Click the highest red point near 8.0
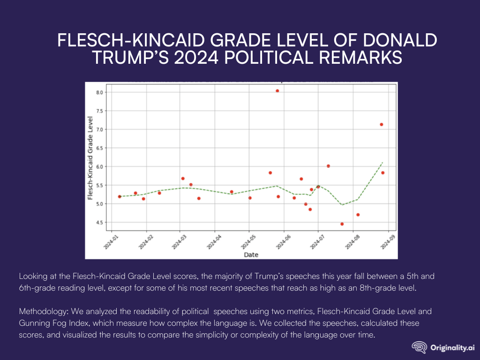click(277, 91)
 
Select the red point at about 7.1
click(382, 124)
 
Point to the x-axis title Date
click(251, 255)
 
